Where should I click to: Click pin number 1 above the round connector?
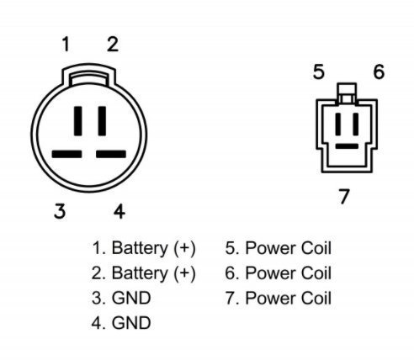(x=66, y=45)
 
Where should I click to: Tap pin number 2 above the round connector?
(x=113, y=45)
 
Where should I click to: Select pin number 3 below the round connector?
(x=60, y=211)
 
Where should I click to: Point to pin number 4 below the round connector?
(x=119, y=211)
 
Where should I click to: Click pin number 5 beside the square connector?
(x=319, y=71)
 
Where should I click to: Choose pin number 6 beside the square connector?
(x=379, y=71)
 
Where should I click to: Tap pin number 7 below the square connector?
(x=344, y=196)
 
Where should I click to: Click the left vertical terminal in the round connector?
(x=78, y=121)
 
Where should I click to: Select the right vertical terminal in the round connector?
(x=102, y=121)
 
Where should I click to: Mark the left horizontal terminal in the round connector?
(x=66, y=154)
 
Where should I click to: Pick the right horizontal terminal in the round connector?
(x=111, y=154)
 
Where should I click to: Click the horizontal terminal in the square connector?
(x=347, y=146)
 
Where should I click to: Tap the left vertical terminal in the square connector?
(x=338, y=124)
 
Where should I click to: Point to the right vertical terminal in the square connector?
(x=356, y=124)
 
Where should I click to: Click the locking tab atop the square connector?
(x=348, y=93)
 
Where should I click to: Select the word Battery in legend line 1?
(x=140, y=249)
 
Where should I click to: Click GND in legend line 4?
(x=131, y=323)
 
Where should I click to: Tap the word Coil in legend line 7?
(x=316, y=298)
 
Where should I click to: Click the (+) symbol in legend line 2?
(x=184, y=273)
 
